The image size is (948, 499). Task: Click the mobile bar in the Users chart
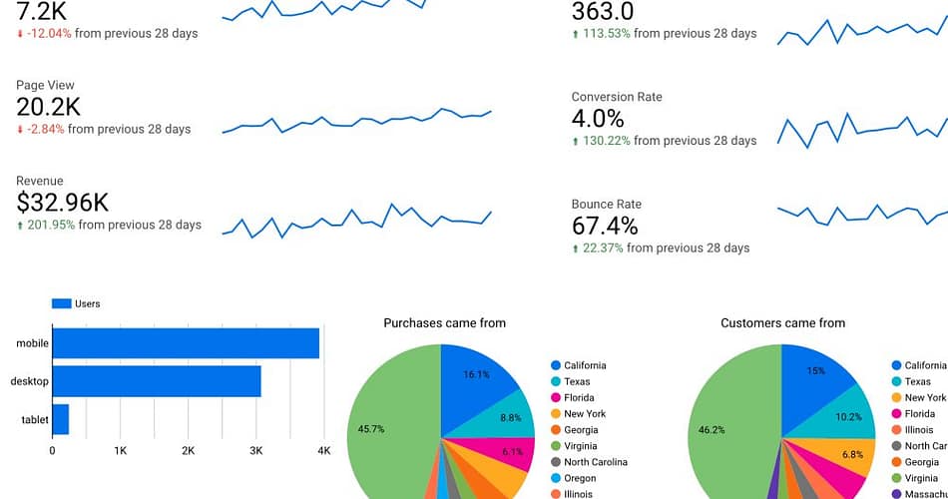[x=186, y=343]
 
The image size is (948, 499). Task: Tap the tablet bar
[x=61, y=419]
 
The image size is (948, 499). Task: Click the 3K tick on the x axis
[x=255, y=451]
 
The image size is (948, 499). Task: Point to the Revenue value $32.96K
[x=62, y=203]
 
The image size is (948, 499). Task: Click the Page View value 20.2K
[x=48, y=107]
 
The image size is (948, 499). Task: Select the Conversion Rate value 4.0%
[x=598, y=119]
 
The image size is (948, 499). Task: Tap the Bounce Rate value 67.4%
[x=605, y=226]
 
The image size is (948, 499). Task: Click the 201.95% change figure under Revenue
[x=49, y=225]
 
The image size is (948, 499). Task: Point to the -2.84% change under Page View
[x=43, y=129]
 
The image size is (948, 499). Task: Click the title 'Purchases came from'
[x=444, y=323]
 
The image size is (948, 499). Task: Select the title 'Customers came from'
[x=782, y=323]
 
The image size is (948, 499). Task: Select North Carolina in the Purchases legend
[x=595, y=462]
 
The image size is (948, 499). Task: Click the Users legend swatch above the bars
[x=61, y=303]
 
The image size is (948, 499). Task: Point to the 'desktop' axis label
[x=29, y=381]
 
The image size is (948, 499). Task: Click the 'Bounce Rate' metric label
[x=606, y=204]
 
